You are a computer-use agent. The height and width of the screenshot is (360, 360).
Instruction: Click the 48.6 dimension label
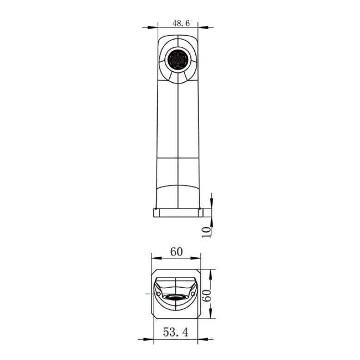click(x=181, y=23)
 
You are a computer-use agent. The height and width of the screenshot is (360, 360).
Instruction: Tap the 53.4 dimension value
click(x=176, y=332)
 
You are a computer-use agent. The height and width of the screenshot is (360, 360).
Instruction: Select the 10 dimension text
click(x=206, y=232)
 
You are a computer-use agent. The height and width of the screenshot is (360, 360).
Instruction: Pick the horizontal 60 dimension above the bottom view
click(x=176, y=252)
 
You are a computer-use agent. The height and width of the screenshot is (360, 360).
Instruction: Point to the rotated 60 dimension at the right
click(x=206, y=295)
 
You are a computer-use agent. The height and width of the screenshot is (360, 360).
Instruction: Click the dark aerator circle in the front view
click(x=178, y=60)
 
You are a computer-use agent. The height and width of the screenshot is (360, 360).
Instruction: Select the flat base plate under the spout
click(x=178, y=212)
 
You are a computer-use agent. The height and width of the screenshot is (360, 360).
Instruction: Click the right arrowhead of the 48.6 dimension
click(x=203, y=27)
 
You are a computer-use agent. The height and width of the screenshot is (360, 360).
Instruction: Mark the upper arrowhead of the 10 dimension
click(x=211, y=203)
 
